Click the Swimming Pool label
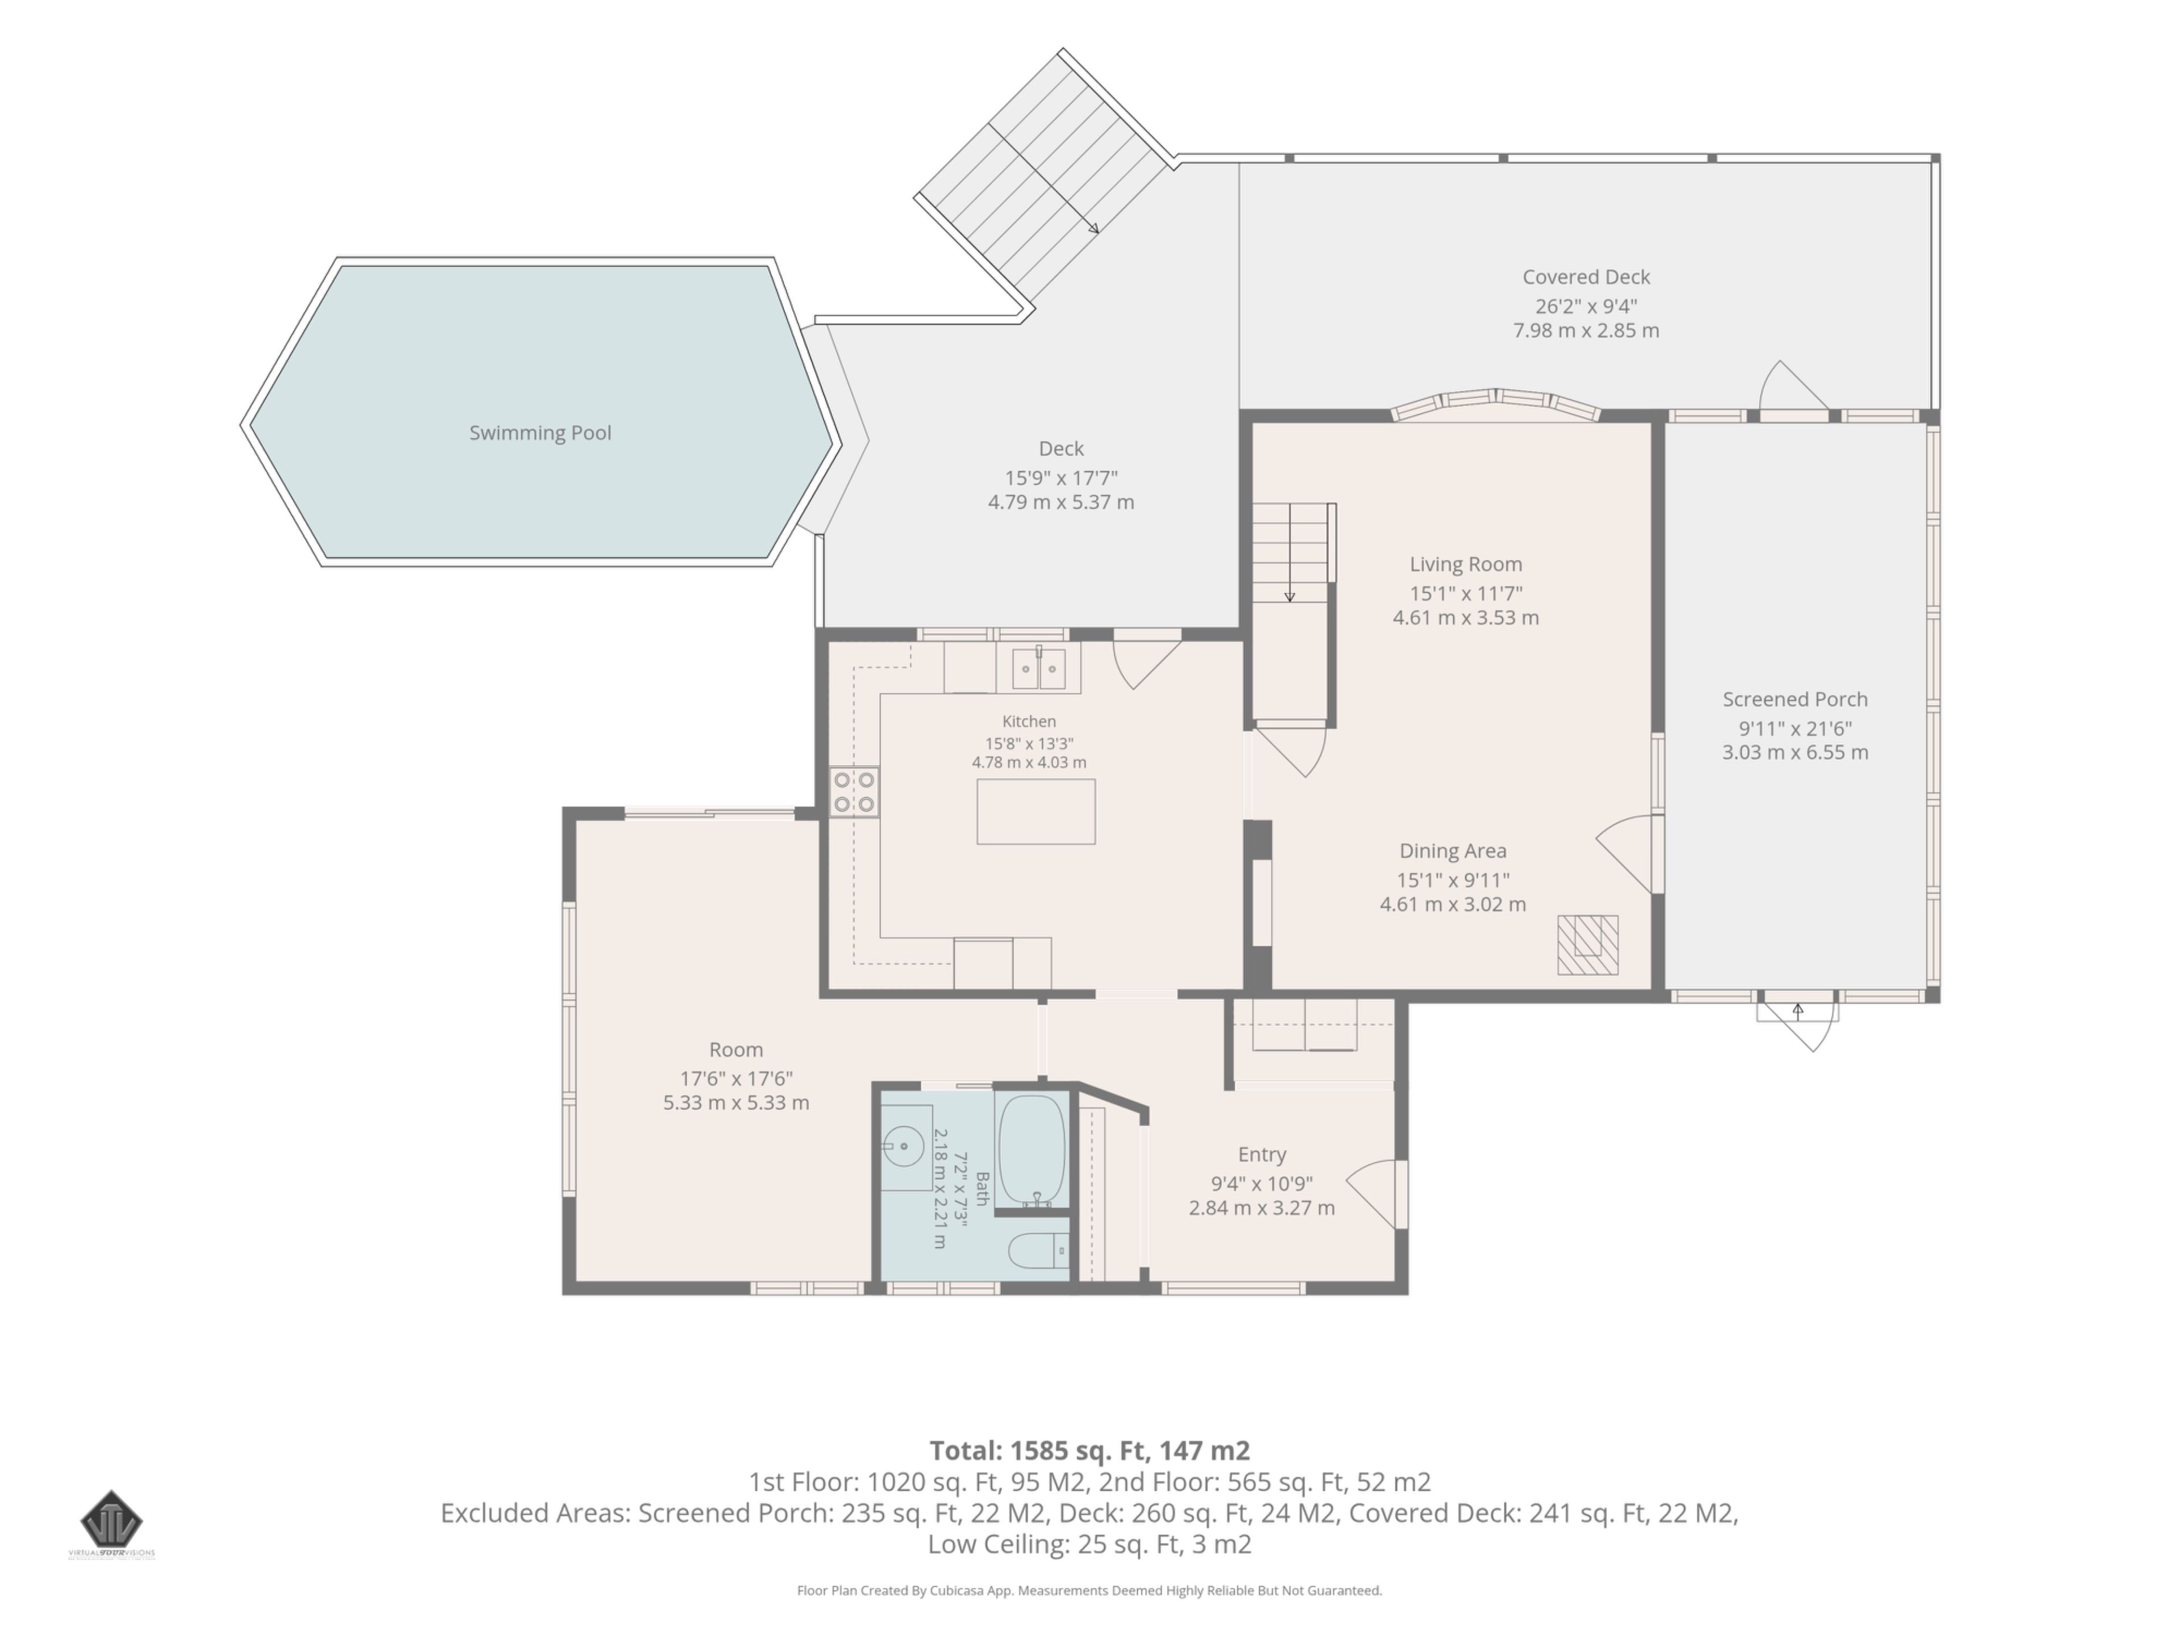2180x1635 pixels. tap(540, 433)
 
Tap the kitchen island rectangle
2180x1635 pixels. tap(1036, 811)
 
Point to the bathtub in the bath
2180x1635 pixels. tap(1032, 1150)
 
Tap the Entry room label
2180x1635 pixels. tap(1261, 1154)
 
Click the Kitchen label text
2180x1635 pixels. tap(1029, 722)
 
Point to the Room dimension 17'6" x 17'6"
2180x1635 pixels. tap(736, 1078)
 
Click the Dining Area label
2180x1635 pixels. tap(1453, 850)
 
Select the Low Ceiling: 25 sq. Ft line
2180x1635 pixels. tap(1089, 1544)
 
